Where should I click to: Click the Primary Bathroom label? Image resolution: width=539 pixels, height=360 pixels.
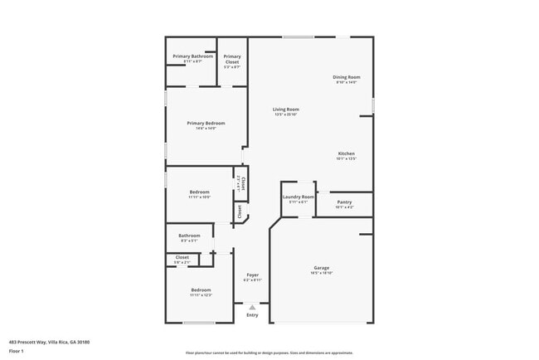[x=192, y=56]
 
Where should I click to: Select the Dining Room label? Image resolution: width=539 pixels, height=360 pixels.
[x=347, y=77]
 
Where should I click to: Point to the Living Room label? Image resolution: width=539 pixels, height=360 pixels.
[x=286, y=109]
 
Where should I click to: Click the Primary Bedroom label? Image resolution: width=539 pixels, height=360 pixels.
[x=206, y=123]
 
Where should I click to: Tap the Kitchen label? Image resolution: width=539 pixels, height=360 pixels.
[x=346, y=153]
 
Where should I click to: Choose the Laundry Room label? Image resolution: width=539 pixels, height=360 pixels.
[x=299, y=197]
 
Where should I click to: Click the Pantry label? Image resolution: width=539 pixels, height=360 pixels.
[x=345, y=202]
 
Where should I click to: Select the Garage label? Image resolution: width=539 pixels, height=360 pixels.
[x=322, y=268]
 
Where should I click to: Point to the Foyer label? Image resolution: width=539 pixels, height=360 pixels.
[x=252, y=275]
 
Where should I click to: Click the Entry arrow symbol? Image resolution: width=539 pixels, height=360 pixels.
[x=252, y=307]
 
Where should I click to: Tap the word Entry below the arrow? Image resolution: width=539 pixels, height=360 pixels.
[x=252, y=315]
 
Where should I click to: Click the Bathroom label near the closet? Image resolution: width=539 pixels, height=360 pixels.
[x=189, y=236]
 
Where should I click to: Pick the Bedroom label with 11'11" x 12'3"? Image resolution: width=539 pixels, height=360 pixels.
[x=201, y=289]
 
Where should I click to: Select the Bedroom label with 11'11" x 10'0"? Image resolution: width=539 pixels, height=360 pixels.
[x=199, y=193]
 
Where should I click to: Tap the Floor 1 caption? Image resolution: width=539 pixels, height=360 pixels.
[x=17, y=351]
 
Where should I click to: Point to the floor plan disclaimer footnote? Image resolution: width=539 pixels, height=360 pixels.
[x=269, y=352]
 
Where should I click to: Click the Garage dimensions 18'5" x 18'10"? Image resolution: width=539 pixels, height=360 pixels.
[x=322, y=273]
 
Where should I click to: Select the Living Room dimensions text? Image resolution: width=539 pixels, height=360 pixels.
[x=286, y=114]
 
